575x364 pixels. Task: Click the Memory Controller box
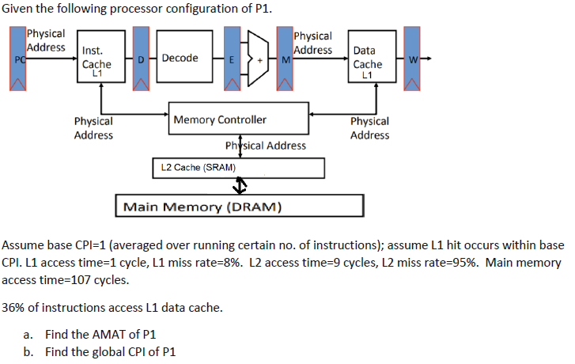tap(237, 119)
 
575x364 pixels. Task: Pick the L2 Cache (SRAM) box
tap(237, 168)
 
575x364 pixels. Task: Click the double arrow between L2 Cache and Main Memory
tap(240, 187)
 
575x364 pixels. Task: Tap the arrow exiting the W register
tap(426, 58)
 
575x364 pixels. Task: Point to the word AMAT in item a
tap(104, 334)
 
